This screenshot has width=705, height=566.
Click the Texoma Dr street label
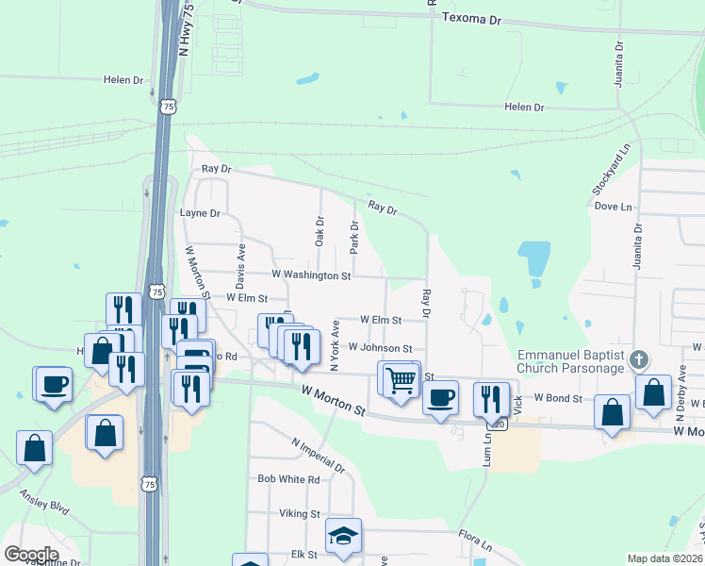point(473,19)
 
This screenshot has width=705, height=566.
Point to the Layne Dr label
point(199,213)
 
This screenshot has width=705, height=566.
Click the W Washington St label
point(311,275)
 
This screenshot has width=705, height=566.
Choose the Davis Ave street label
point(240,268)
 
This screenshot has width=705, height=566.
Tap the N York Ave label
point(334,341)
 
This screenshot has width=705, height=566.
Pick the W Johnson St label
point(380,348)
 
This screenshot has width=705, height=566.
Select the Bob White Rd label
point(288,479)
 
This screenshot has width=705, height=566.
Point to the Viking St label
point(300,514)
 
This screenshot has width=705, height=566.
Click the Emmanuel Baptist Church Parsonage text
point(571,361)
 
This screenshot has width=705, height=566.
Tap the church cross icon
point(639,359)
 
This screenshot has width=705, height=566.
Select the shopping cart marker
point(401,379)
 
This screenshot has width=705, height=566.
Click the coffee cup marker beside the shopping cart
point(439,397)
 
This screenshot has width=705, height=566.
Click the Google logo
point(31,555)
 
